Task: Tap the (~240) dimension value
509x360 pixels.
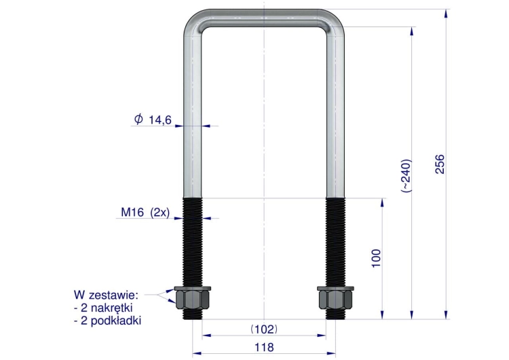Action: (x=406, y=175)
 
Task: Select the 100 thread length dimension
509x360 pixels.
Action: (x=375, y=258)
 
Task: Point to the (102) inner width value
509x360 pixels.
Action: (x=264, y=329)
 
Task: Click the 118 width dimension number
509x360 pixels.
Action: (x=264, y=347)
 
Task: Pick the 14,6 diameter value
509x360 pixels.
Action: (x=160, y=120)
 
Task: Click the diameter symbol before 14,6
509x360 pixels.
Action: (x=138, y=119)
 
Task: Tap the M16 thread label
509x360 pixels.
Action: (x=132, y=212)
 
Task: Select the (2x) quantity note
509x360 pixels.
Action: (x=160, y=213)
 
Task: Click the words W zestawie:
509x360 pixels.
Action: (x=106, y=295)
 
